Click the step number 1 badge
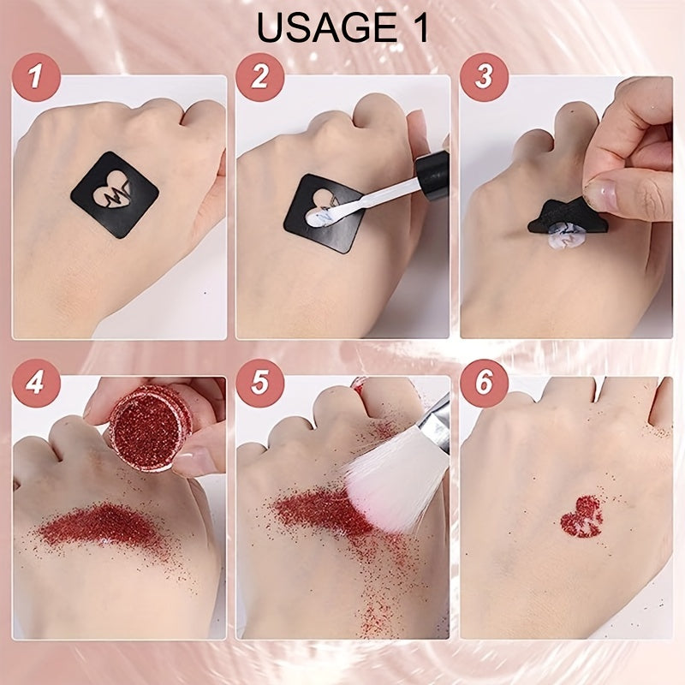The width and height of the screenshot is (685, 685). point(36,77)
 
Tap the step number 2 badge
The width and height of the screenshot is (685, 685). point(260,77)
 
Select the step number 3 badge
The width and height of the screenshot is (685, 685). point(484,77)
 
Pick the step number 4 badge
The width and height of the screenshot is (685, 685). point(36,383)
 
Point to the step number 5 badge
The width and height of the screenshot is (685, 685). point(260,383)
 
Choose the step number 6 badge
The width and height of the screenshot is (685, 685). point(484,383)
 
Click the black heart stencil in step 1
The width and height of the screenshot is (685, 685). point(115,194)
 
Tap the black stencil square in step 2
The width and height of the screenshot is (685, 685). point(325,214)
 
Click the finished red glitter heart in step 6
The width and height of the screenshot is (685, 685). point(582,517)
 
